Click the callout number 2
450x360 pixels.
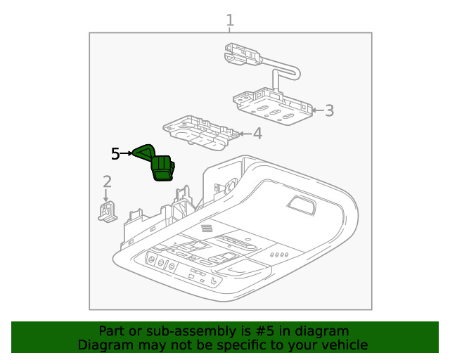click(106, 182)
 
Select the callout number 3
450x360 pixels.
click(329, 110)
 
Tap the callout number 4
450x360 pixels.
click(257, 133)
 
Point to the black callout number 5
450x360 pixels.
click(117, 153)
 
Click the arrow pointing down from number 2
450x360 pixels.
click(106, 197)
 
